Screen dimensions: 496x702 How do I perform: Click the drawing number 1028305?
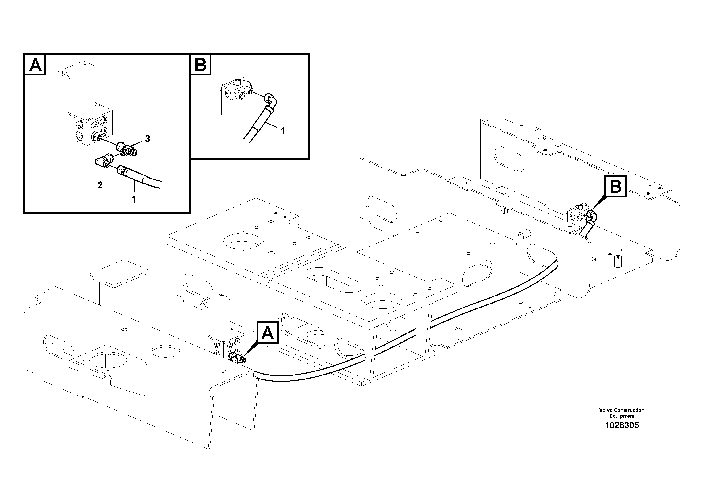(622, 425)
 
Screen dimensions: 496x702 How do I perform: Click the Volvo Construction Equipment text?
(622, 413)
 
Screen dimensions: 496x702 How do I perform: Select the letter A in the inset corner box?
(35, 65)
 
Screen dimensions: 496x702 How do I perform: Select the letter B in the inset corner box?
(201, 65)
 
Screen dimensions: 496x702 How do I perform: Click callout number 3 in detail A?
(147, 139)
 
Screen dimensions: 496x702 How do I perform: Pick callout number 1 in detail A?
(134, 199)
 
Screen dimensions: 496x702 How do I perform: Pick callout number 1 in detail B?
(283, 131)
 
